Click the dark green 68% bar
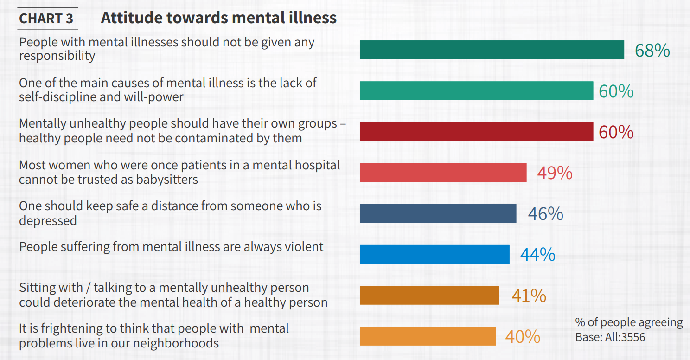pos(492,50)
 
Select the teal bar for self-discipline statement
pos(476,91)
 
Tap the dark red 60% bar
pos(476,132)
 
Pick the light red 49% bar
pos(443,173)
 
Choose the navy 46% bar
pos(438,213)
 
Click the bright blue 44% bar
pos(434,254)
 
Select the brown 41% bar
pos(429,295)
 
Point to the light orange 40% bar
pos(428,336)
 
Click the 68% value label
pos(652,51)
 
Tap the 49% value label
pos(555,173)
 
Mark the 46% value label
pos(545,214)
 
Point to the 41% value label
pos(529,296)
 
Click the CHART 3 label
pos(46,19)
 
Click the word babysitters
pos(166,180)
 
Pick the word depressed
pos(48,220)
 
